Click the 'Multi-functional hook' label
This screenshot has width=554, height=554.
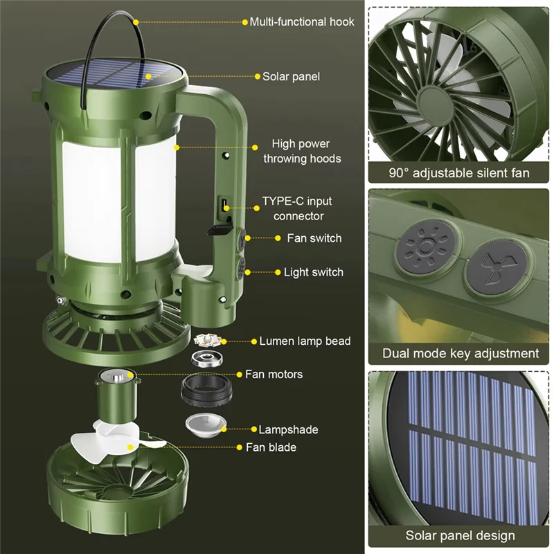point(302,21)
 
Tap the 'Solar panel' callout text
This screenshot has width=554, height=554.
point(291,76)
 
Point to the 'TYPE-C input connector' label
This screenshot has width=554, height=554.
point(297,208)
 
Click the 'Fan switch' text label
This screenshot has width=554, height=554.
point(314,238)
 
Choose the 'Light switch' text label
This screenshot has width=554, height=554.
point(313,272)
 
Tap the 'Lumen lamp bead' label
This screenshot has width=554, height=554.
point(305,341)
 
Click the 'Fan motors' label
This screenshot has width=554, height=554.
point(274,374)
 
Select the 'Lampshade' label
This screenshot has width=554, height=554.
point(288,429)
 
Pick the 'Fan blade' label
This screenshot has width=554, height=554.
point(271,447)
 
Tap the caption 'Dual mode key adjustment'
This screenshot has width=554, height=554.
point(461,353)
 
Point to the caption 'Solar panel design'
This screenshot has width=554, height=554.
point(461,535)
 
